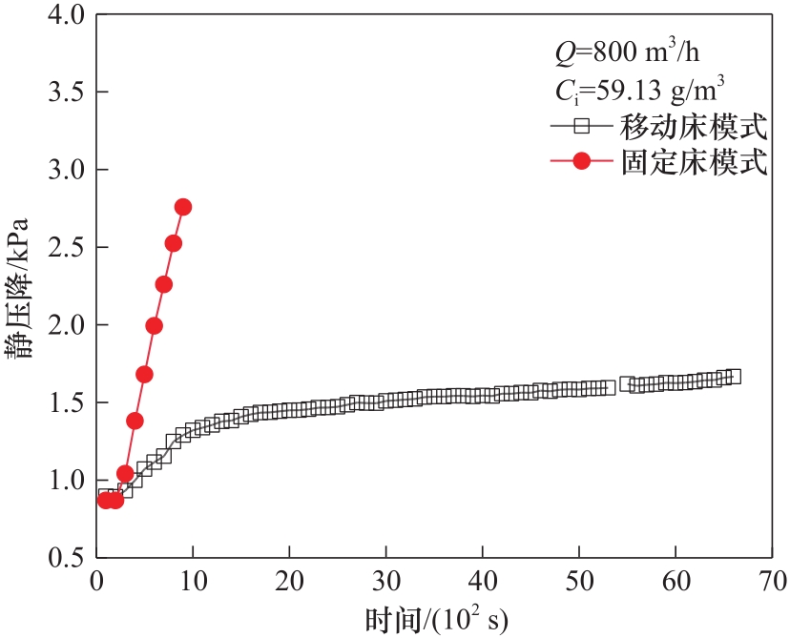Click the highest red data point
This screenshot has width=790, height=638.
click(x=182, y=207)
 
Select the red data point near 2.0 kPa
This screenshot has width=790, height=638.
click(x=154, y=326)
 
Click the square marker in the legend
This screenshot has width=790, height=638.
click(x=577, y=125)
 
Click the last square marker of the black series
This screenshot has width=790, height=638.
click(x=733, y=377)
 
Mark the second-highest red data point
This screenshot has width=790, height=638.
click(x=173, y=243)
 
